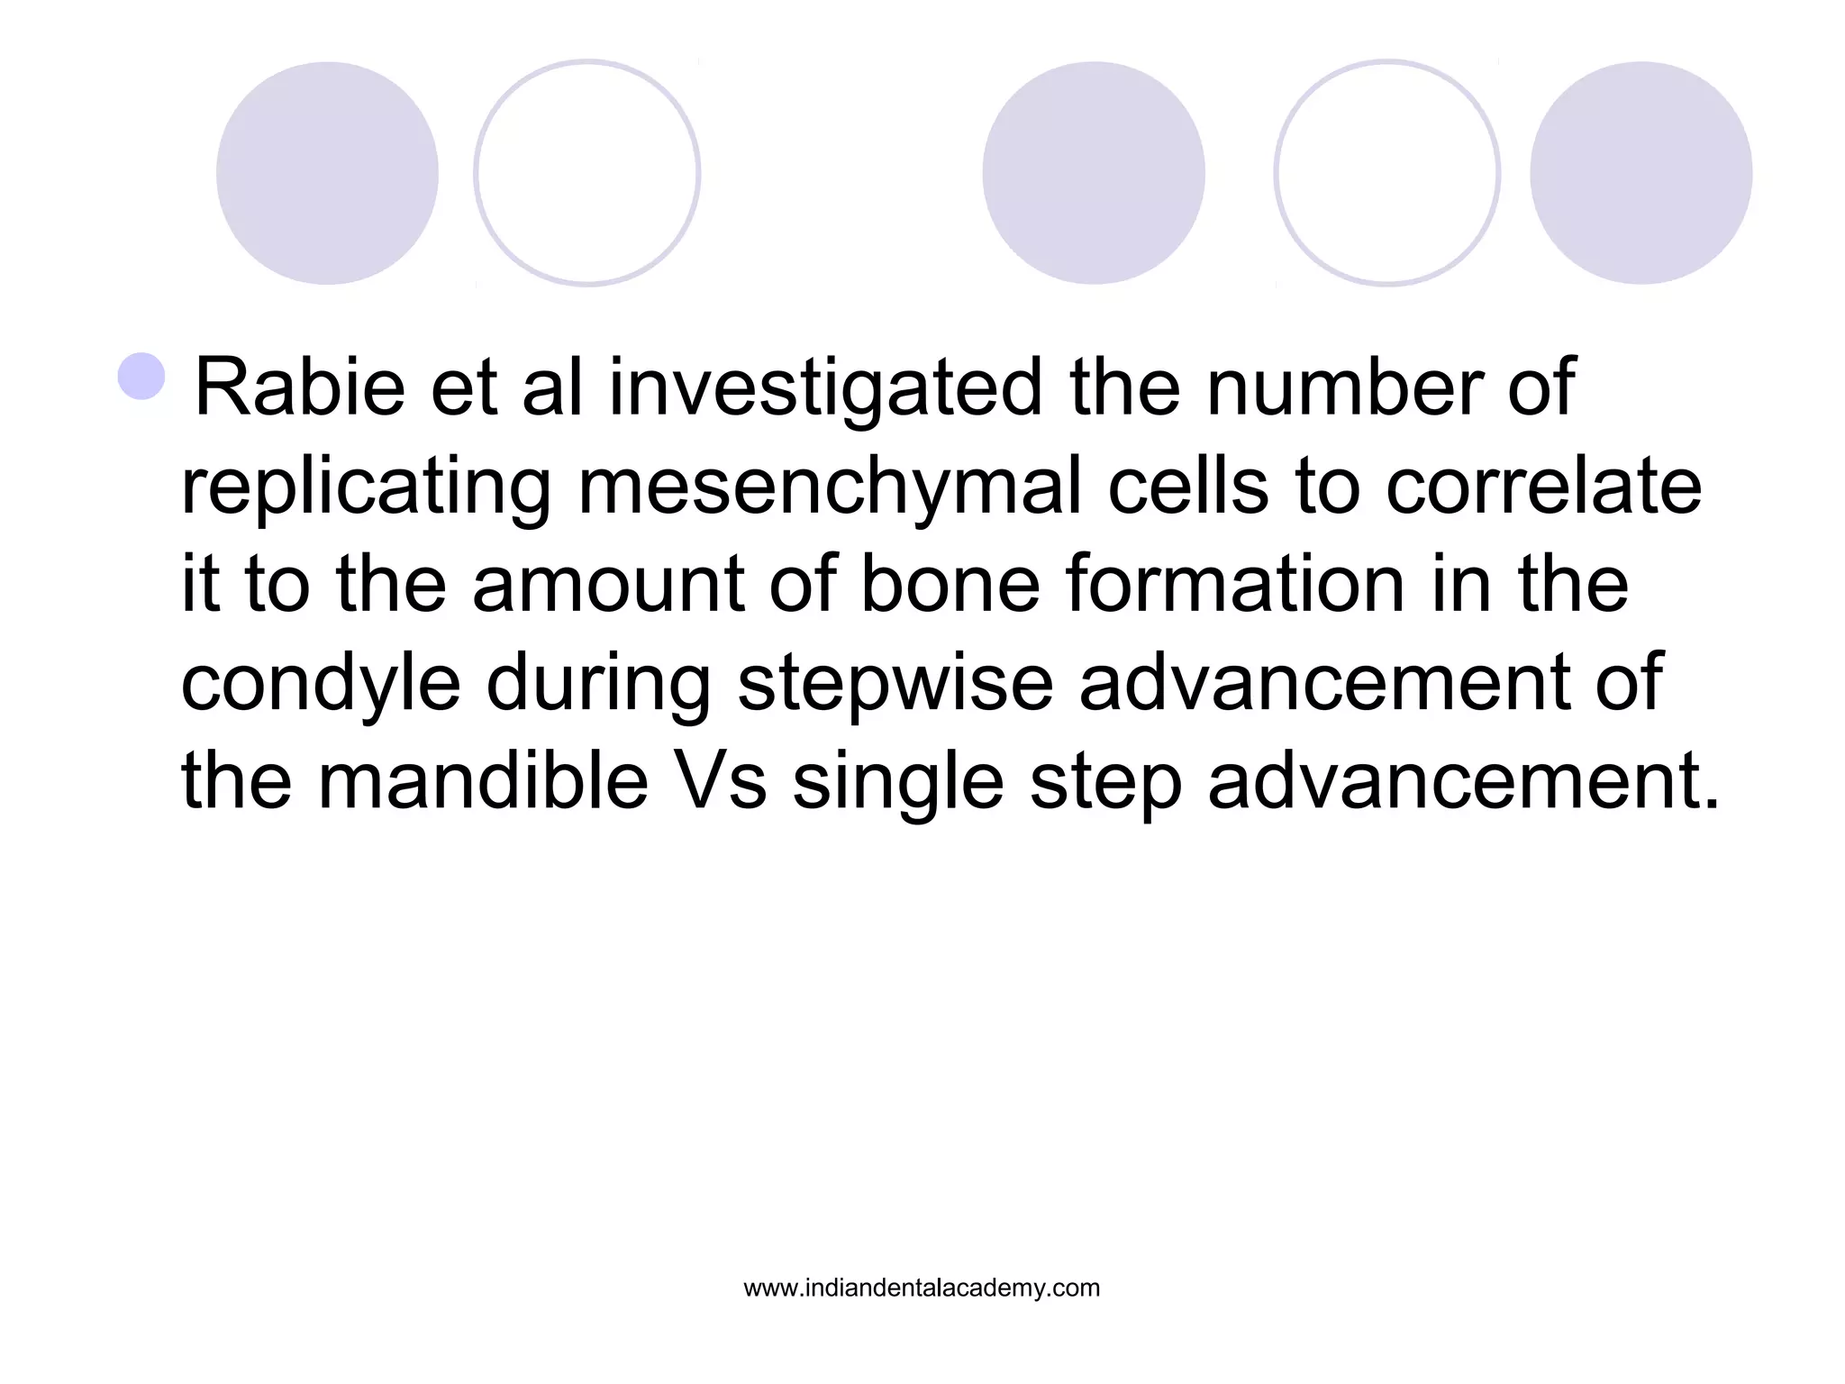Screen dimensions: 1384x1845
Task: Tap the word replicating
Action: point(366,487)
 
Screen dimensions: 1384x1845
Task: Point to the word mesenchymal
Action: point(829,487)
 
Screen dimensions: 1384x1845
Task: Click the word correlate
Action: point(1543,487)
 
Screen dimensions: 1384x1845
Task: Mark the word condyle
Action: point(322,683)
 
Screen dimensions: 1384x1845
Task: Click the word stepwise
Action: point(895,683)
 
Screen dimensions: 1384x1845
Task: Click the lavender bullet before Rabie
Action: point(141,377)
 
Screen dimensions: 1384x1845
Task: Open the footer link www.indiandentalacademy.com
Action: point(922,1288)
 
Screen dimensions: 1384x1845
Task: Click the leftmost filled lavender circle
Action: point(327,173)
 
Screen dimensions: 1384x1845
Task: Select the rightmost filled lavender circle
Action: point(1641,173)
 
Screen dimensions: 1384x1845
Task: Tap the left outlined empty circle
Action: point(587,173)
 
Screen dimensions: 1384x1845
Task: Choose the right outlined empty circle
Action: point(1386,173)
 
